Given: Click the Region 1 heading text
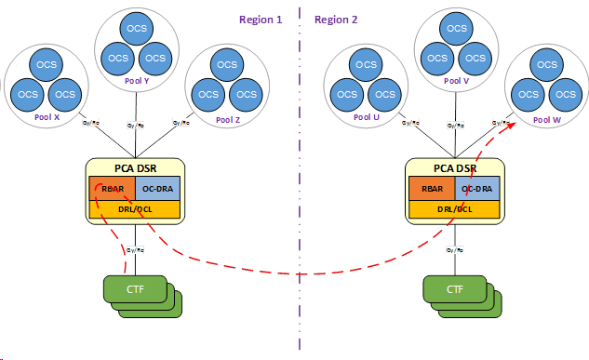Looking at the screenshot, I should (x=261, y=19).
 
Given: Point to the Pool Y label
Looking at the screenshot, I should (x=136, y=81).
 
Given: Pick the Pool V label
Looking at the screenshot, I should (x=457, y=81).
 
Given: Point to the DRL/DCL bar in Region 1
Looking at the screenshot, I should (x=135, y=208).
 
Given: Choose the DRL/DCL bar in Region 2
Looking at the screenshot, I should (x=455, y=208).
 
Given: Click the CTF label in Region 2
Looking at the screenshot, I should (x=453, y=288).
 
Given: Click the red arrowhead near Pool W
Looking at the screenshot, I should (x=513, y=121).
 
